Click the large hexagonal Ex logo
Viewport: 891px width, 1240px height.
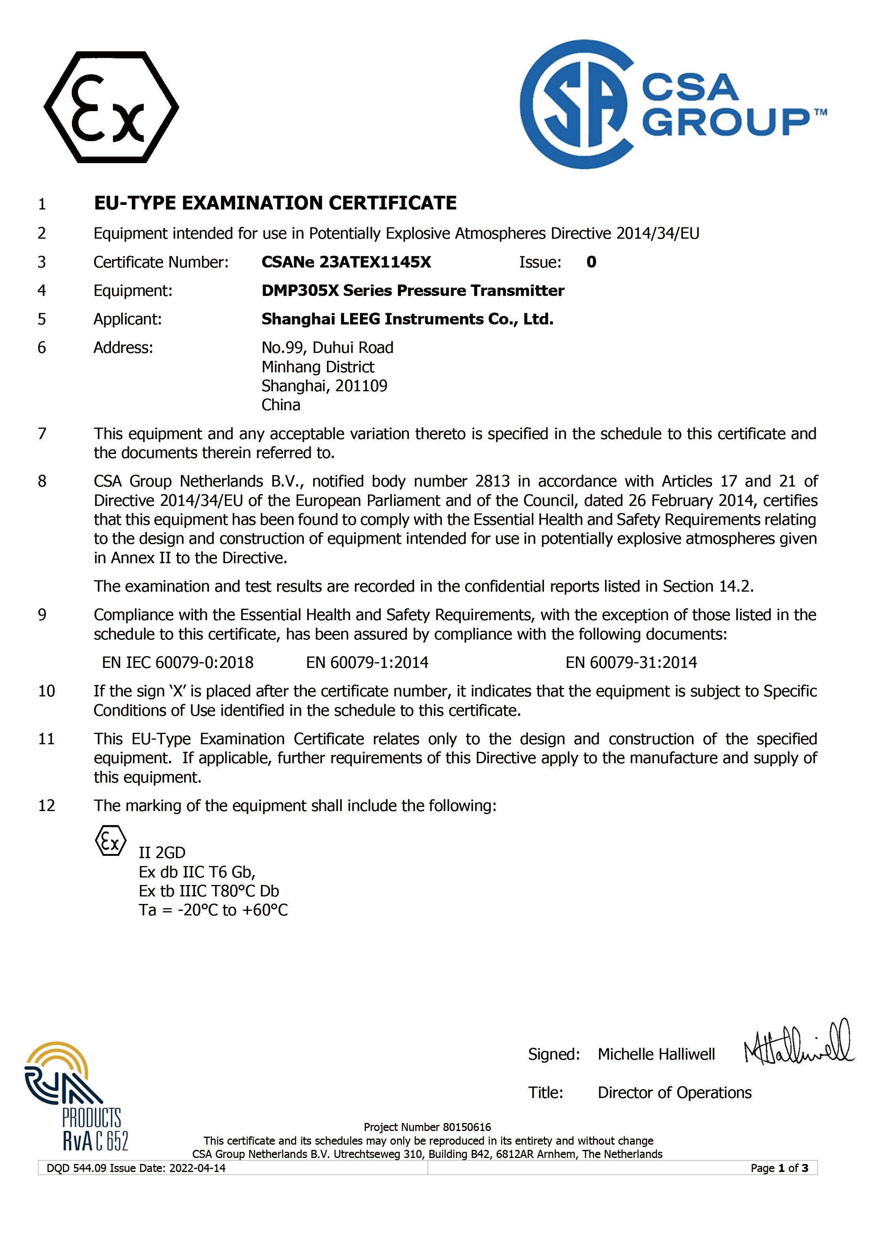(x=111, y=107)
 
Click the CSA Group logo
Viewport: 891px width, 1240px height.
(x=672, y=104)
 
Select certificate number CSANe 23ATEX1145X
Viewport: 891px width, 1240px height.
(x=346, y=262)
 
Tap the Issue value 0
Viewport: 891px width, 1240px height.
(x=591, y=262)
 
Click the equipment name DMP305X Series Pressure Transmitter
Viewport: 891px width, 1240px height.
(x=413, y=290)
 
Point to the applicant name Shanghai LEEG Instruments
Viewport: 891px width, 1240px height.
(x=407, y=319)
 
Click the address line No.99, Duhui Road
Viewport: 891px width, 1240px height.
(x=327, y=347)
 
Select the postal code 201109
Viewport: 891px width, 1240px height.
(x=361, y=386)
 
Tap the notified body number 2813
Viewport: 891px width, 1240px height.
(x=492, y=481)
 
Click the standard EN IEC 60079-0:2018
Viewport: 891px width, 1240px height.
(x=178, y=663)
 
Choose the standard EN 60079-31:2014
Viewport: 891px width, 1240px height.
(x=631, y=663)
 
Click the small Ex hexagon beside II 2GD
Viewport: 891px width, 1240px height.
(x=110, y=841)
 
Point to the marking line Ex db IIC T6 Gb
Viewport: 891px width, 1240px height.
(x=197, y=872)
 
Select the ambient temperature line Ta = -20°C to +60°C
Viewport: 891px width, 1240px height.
(x=213, y=910)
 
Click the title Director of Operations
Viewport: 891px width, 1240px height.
(x=674, y=1092)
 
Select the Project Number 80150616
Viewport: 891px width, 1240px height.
(x=427, y=1127)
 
